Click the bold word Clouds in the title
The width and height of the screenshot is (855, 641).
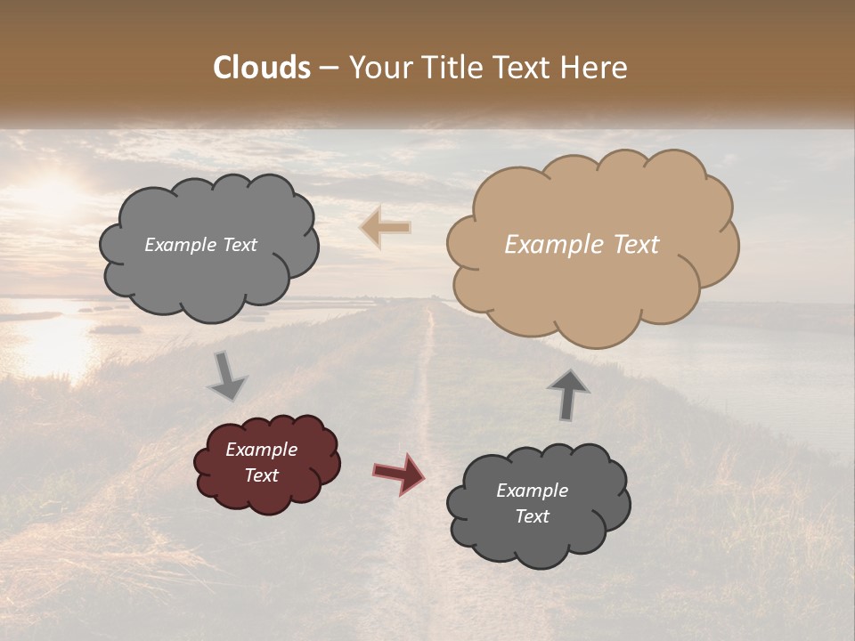[262, 68]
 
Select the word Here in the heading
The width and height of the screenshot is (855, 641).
[597, 68]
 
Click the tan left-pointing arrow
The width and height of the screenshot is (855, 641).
[385, 227]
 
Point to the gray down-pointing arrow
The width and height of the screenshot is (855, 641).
[227, 376]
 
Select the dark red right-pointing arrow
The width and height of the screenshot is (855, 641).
[399, 473]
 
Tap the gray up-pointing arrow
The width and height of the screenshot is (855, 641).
[568, 394]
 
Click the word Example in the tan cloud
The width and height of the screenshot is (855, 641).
[547, 245]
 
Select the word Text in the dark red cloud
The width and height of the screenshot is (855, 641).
[262, 475]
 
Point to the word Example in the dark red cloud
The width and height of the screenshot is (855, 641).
[262, 450]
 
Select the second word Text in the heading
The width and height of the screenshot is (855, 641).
[527, 68]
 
